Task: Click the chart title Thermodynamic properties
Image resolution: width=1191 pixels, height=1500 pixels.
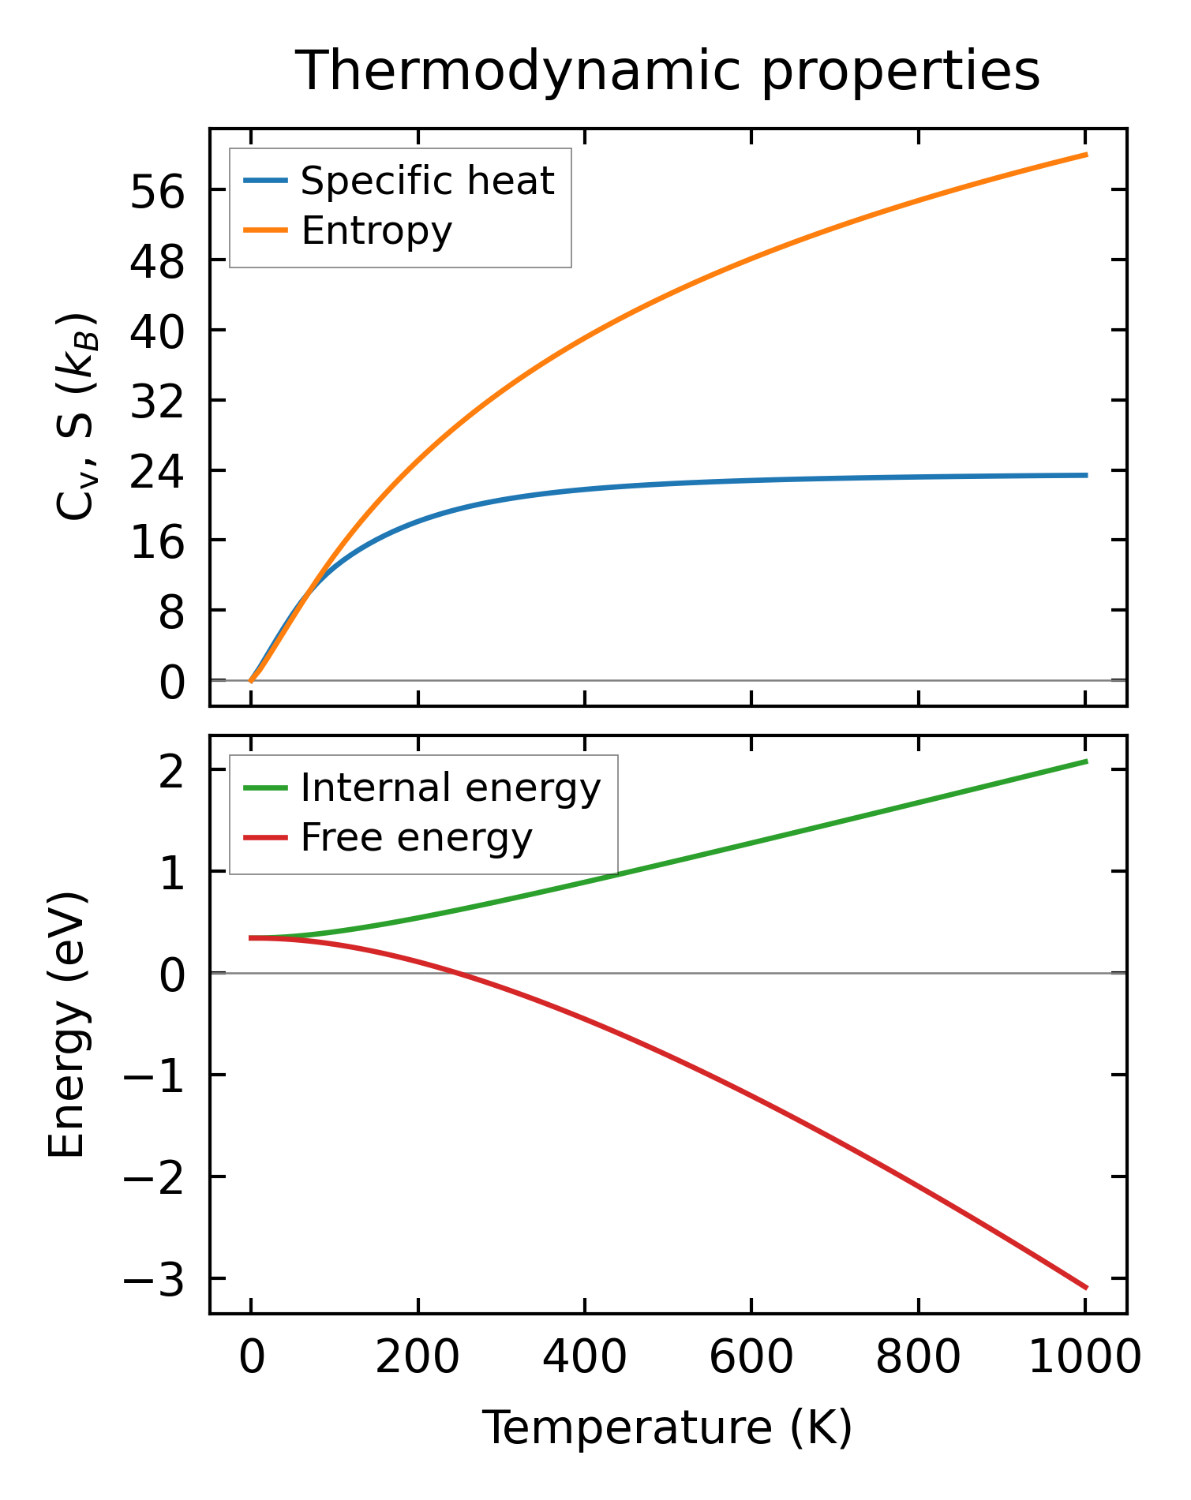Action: (668, 72)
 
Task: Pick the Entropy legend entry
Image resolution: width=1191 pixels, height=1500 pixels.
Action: (376, 231)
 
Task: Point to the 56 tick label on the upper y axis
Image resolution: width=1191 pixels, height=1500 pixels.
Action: (157, 191)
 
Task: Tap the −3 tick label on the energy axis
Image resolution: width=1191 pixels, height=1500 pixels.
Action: (153, 1280)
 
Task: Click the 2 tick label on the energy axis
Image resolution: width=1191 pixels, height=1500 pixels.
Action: (171, 772)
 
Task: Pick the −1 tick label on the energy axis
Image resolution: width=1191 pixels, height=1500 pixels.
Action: (153, 1076)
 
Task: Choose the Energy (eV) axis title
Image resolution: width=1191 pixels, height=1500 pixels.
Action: (66, 1025)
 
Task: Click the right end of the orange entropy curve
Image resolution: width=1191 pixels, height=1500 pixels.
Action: (1086, 155)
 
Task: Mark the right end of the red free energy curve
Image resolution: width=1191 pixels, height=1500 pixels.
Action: (1086, 1288)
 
